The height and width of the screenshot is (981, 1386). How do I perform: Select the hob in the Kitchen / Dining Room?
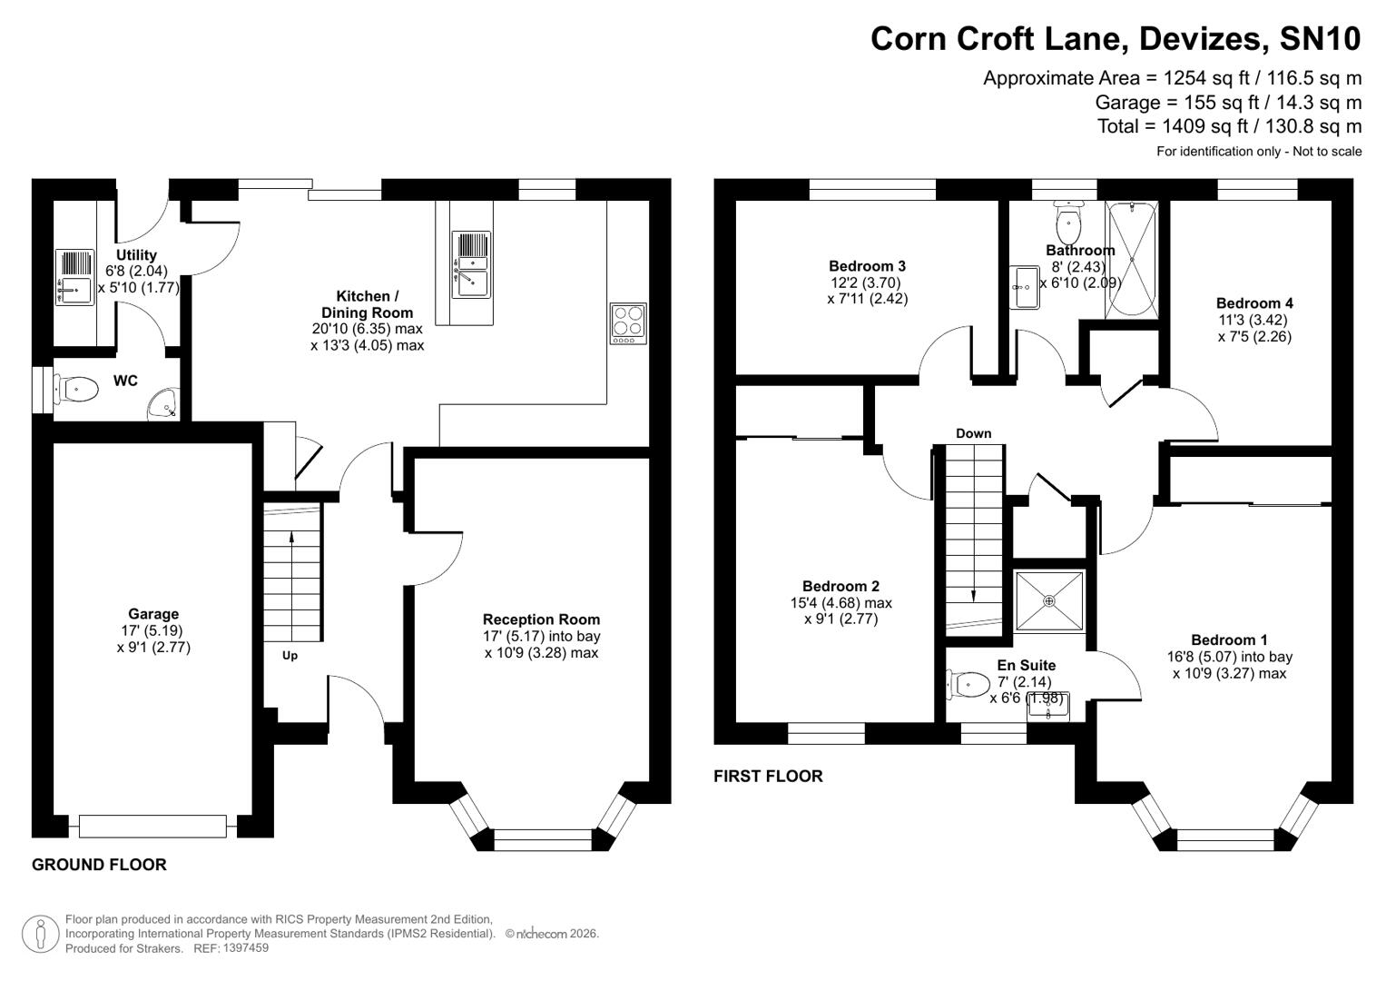628,323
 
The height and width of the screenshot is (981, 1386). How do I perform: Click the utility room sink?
74,278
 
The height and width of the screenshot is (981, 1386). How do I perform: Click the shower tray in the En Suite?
1049,601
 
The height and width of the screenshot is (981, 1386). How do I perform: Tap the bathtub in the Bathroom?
1132,261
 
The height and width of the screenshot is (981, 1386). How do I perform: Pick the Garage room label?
153,614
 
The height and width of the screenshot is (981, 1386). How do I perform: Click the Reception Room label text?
541,619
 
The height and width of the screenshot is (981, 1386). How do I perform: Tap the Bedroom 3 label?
867,266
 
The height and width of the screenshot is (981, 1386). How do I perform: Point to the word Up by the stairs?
290,655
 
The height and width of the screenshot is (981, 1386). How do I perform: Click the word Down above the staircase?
973,433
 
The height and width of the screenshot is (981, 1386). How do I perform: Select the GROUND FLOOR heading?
99,865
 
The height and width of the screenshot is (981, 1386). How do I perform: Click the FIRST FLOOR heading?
768,776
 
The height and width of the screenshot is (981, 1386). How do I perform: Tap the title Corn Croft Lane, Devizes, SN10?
1116,38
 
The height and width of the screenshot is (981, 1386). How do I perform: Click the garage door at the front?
152,826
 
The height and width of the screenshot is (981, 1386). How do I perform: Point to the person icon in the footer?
40,934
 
